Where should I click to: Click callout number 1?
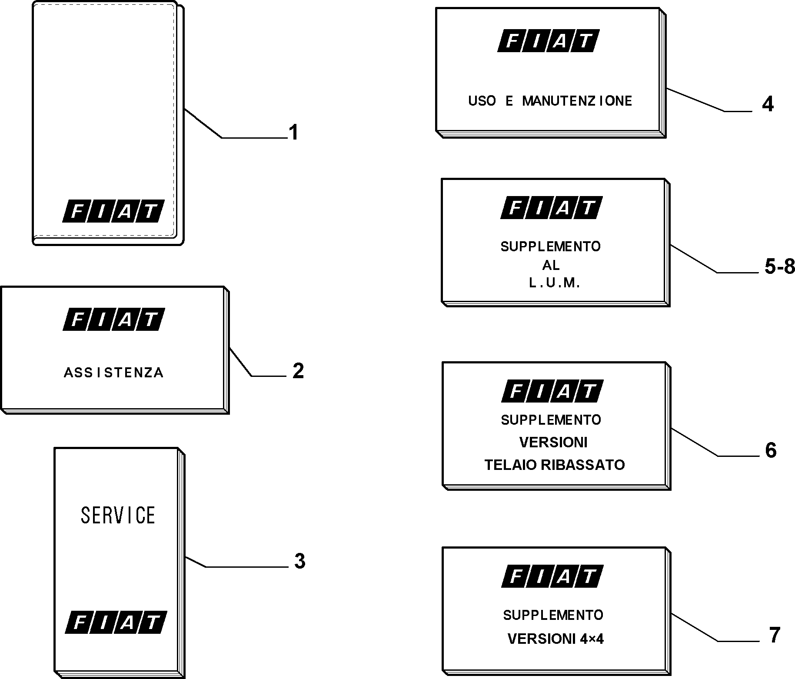[x=294, y=133]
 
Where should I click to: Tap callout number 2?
[x=298, y=371]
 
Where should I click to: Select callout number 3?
[x=300, y=562]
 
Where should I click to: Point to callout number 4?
[x=768, y=104]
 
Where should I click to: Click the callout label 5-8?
[x=780, y=267]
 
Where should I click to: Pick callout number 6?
[x=771, y=450]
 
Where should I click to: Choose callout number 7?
[x=775, y=635]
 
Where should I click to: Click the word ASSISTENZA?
[x=113, y=373]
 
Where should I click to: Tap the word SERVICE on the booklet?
[x=118, y=515]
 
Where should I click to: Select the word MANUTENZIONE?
[x=577, y=101]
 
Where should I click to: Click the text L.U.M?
[x=554, y=283]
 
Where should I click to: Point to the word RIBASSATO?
[x=583, y=465]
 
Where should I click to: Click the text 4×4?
[x=592, y=639]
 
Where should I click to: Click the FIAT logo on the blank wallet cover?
[x=113, y=211]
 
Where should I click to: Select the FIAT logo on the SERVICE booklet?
[x=116, y=622]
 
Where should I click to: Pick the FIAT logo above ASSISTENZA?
[x=113, y=320]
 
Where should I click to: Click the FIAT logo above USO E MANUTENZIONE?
[x=549, y=41]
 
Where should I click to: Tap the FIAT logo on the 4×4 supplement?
[x=552, y=576]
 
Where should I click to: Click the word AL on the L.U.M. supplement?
[x=551, y=265]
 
